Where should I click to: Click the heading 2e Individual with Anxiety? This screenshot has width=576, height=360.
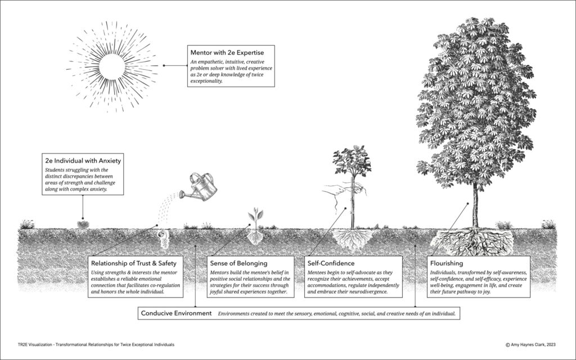[83, 160]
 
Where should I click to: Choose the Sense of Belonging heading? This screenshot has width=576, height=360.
[238, 263]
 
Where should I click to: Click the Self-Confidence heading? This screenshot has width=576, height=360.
[330, 263]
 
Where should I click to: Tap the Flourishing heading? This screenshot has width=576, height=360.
[447, 263]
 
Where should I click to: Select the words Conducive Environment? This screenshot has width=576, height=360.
[176, 312]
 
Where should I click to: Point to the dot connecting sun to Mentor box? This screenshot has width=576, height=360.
[164, 65]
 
